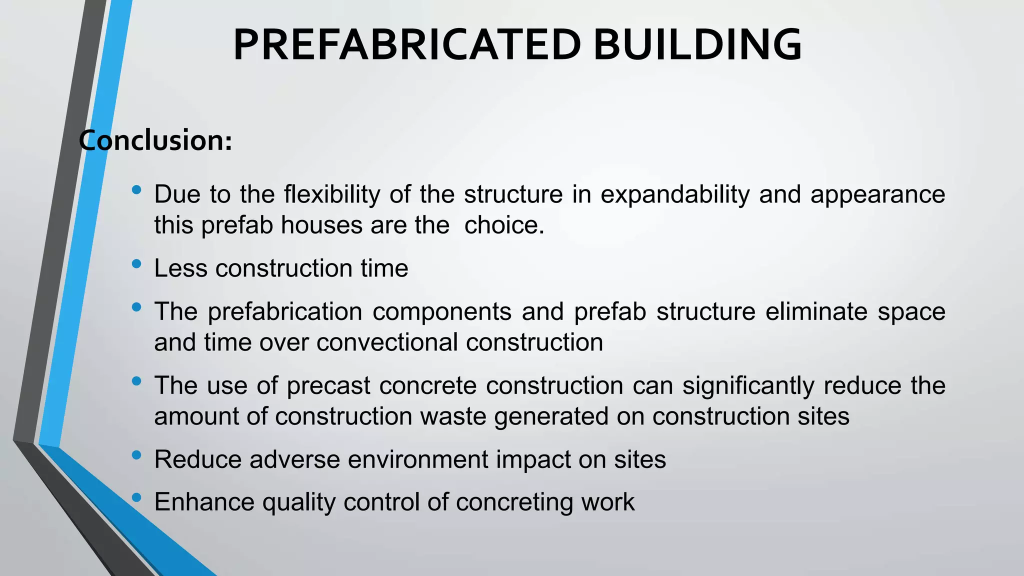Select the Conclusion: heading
(x=155, y=140)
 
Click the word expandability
(x=674, y=194)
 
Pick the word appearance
(x=877, y=194)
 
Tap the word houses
(x=321, y=225)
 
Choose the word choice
(x=503, y=225)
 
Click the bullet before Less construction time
(x=136, y=263)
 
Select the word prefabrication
(x=285, y=311)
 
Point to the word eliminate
(x=816, y=311)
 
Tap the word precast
(x=328, y=385)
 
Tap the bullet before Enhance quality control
(x=136, y=497)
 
